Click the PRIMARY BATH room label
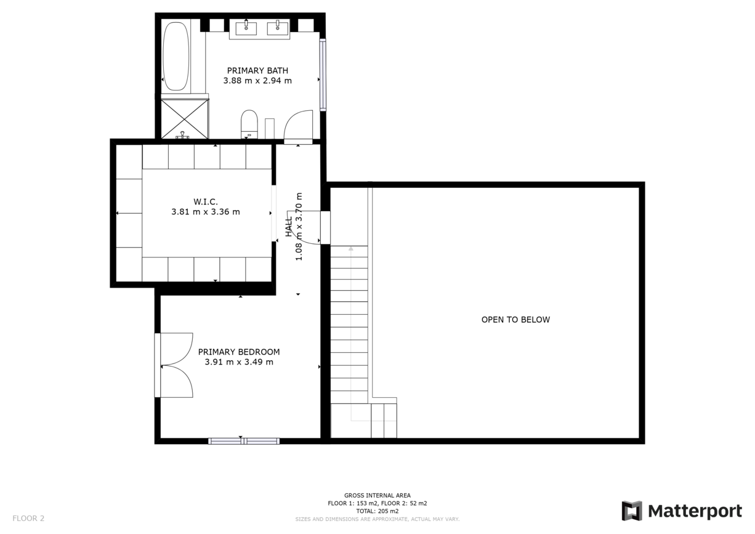coord(257,70)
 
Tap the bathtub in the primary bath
coord(176,57)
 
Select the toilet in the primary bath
coord(249,124)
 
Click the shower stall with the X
coord(185,119)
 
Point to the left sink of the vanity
coord(246,26)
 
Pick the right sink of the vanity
coord(278,26)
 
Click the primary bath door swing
coord(299,126)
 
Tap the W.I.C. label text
coord(206,201)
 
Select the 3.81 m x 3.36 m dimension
coord(206,212)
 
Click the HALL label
coord(288,226)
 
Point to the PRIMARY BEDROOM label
coord(239,352)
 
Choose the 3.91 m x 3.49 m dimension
coord(239,362)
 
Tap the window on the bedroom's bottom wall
coord(244,441)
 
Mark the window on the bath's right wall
coord(323,75)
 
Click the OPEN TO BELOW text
coord(515,320)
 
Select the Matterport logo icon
coord(631,511)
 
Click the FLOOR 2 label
coord(28,518)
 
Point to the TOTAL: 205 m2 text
coord(377,511)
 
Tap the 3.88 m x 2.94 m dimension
coord(257,81)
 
